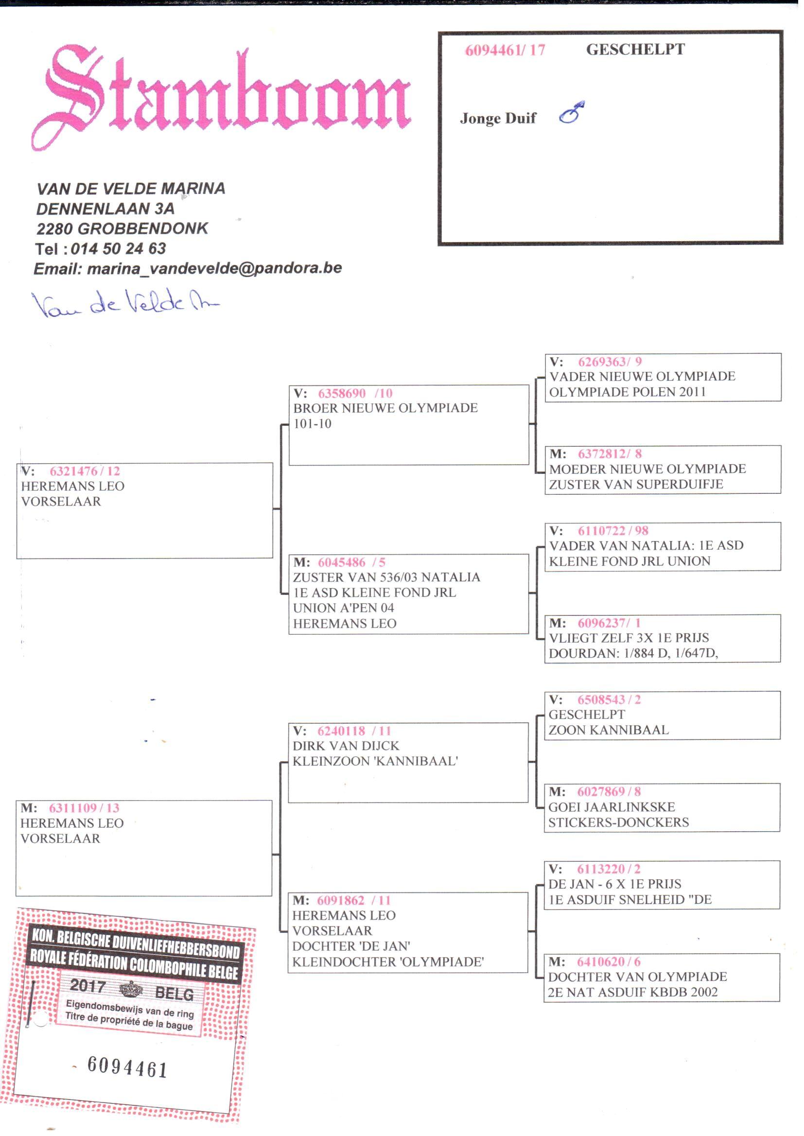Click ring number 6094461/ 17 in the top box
click(x=505, y=50)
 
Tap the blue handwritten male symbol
click(x=572, y=112)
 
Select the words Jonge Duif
click(x=498, y=118)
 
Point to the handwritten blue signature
click(x=124, y=303)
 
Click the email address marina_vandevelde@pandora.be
click(x=214, y=268)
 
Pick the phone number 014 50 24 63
click(x=118, y=248)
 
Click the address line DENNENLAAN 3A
click(x=105, y=209)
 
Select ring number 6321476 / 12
click(x=85, y=471)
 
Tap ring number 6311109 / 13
click(x=84, y=808)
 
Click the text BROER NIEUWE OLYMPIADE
click(x=385, y=408)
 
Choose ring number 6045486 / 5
click(x=351, y=562)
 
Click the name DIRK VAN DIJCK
click(x=346, y=746)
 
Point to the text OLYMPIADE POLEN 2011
click(x=627, y=391)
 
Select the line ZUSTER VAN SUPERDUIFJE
click(x=636, y=484)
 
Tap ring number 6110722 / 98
click(x=613, y=531)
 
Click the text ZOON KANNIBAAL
click(x=609, y=730)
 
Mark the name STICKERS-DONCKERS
click(x=618, y=822)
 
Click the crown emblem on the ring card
click(x=131, y=990)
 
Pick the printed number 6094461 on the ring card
click(x=127, y=1066)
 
